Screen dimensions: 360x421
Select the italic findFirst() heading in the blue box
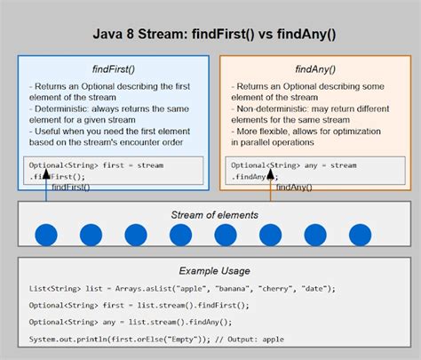(114, 68)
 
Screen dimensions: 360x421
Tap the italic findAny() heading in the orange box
(314, 68)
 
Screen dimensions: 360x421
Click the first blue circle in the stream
(46, 236)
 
